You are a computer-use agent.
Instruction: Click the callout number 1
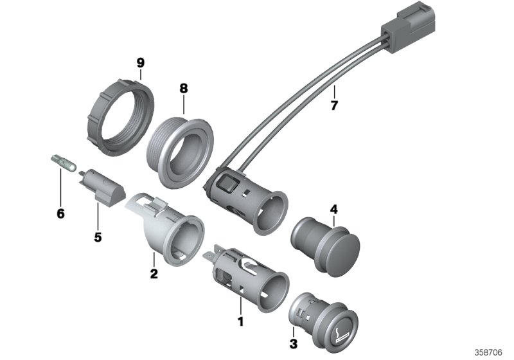tap(241, 320)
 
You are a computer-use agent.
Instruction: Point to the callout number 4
tap(333, 208)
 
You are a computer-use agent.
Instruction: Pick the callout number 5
tap(98, 237)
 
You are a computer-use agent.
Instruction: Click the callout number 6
tap(60, 213)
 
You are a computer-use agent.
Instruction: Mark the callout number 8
tap(183, 87)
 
